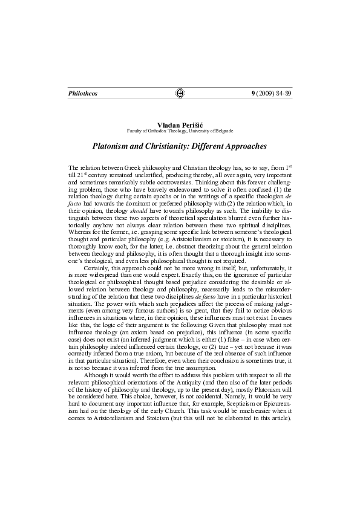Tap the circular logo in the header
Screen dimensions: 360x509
click(x=179, y=94)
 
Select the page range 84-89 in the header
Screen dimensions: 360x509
click(x=284, y=94)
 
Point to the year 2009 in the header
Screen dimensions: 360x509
click(x=264, y=94)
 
